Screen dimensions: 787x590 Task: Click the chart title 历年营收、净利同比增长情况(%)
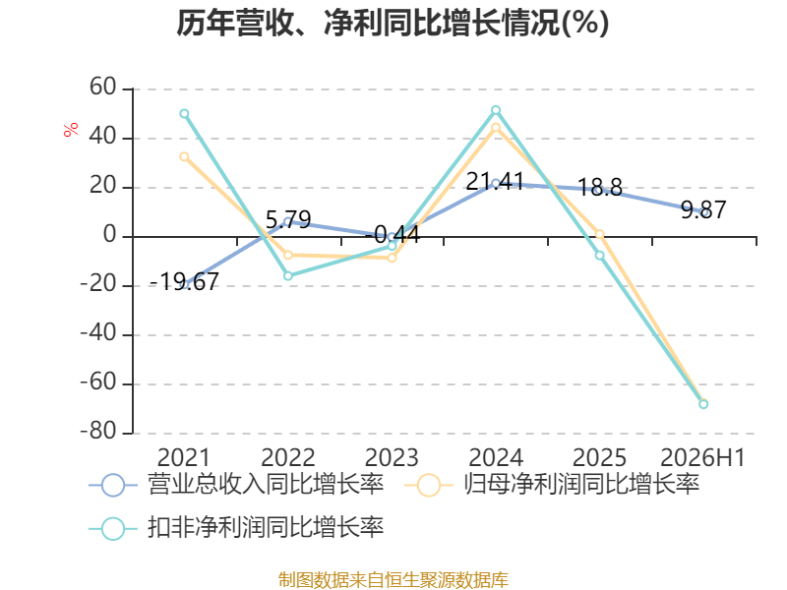click(393, 23)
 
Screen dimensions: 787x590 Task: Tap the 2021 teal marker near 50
click(184, 114)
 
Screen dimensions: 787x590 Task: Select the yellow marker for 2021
click(184, 157)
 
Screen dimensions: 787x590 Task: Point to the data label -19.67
click(184, 281)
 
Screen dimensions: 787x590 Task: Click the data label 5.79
click(288, 219)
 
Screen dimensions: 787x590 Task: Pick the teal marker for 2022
click(288, 276)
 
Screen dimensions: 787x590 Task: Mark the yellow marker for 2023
click(392, 258)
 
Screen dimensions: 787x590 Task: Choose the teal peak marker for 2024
click(496, 110)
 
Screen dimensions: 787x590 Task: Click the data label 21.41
click(495, 181)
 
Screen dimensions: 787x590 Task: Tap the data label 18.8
click(600, 188)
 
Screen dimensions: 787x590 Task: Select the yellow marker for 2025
click(600, 234)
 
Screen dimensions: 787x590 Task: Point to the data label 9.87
click(703, 209)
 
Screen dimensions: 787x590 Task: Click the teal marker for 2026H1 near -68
click(703, 404)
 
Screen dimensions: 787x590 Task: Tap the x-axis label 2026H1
click(702, 457)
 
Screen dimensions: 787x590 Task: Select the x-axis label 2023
click(392, 457)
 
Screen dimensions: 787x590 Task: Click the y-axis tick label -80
click(98, 432)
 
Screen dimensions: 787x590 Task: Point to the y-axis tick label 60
click(103, 88)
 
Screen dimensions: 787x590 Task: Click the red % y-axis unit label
click(71, 129)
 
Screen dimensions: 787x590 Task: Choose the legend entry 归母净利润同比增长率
click(552, 485)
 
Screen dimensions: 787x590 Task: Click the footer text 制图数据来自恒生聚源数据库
click(393, 580)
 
